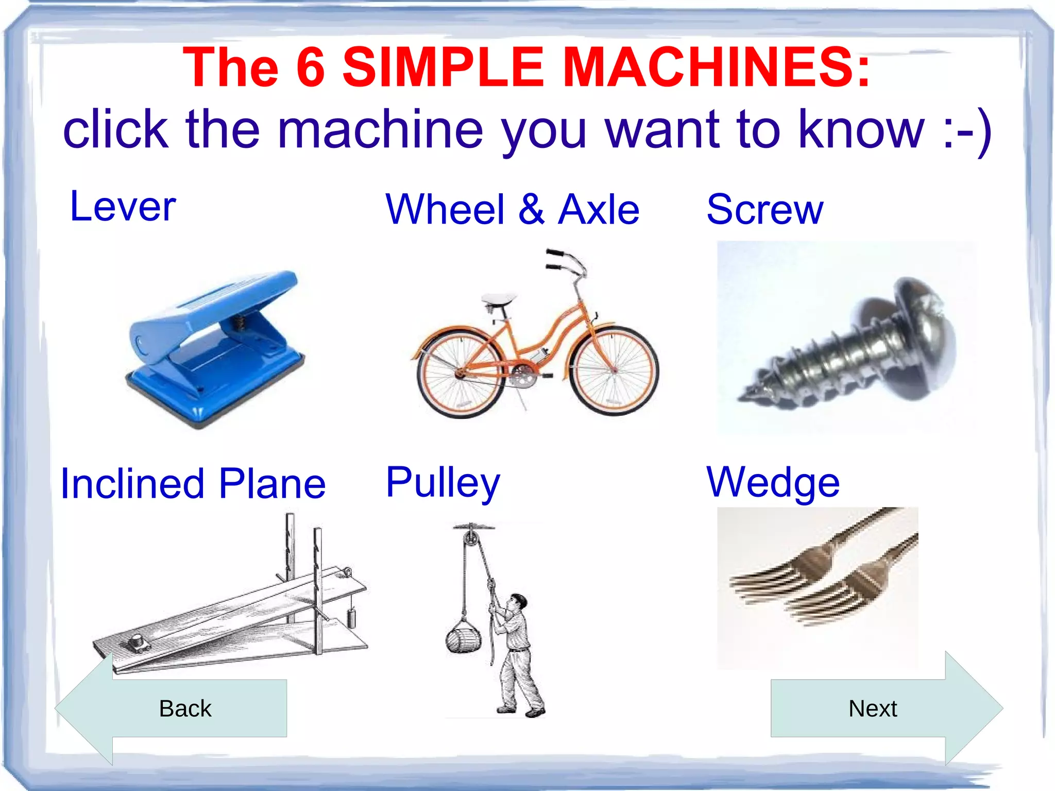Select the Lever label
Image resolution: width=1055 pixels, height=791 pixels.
[123, 207]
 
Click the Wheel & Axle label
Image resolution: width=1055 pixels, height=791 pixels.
[512, 210]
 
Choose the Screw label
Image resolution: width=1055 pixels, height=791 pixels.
[764, 210]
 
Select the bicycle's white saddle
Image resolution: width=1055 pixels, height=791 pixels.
[499, 299]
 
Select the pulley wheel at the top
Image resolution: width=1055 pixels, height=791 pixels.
[471, 538]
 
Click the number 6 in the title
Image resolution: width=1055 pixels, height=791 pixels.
[311, 67]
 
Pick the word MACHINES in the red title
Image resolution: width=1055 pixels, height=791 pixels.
[716, 67]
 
